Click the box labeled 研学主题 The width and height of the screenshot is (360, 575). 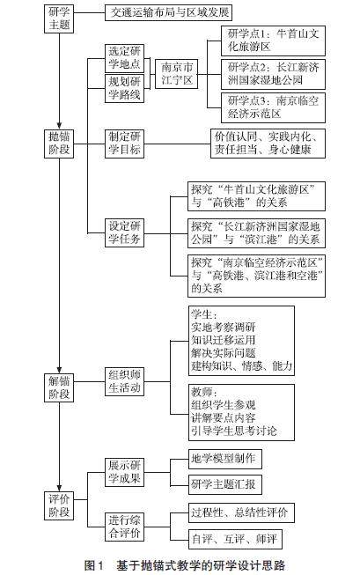click(x=59, y=18)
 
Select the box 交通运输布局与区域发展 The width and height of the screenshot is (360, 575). click(x=169, y=12)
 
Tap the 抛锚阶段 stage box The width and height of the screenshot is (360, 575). click(x=59, y=144)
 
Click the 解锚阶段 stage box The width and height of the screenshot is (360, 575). click(x=59, y=387)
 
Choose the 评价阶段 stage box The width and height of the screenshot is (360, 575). click(x=59, y=505)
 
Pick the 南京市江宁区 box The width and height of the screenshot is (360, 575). click(x=177, y=74)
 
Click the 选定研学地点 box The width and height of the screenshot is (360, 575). click(x=124, y=58)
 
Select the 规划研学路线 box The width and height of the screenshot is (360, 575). click(x=124, y=88)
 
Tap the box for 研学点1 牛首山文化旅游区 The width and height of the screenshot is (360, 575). click(x=273, y=41)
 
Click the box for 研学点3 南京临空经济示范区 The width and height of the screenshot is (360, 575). click(x=273, y=107)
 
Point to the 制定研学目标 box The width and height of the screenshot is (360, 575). click(x=124, y=144)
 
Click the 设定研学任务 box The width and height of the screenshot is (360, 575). click(x=124, y=232)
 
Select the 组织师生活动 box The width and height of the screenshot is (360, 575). click(x=124, y=381)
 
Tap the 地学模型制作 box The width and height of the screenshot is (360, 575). click(x=225, y=459)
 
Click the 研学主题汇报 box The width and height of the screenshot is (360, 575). click(x=225, y=484)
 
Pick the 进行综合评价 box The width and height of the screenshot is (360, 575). click(x=124, y=527)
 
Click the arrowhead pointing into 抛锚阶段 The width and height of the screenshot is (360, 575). click(x=59, y=125)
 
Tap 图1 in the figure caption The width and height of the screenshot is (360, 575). click(x=94, y=565)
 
